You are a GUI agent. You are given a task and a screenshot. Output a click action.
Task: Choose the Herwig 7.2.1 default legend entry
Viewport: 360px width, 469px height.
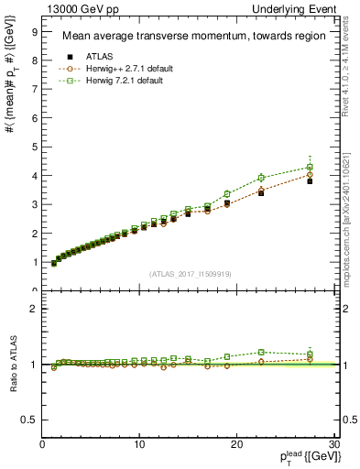coord(112,81)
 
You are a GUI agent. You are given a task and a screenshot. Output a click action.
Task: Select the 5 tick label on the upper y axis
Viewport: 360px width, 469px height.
coord(33,147)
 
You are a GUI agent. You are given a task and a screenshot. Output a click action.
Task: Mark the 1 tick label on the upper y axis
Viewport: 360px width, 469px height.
coord(33,262)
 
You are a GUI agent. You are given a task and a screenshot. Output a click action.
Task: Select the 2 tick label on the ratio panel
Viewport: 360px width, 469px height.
coord(33,309)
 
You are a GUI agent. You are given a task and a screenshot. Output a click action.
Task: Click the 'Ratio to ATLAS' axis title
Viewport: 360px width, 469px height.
coord(12,365)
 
